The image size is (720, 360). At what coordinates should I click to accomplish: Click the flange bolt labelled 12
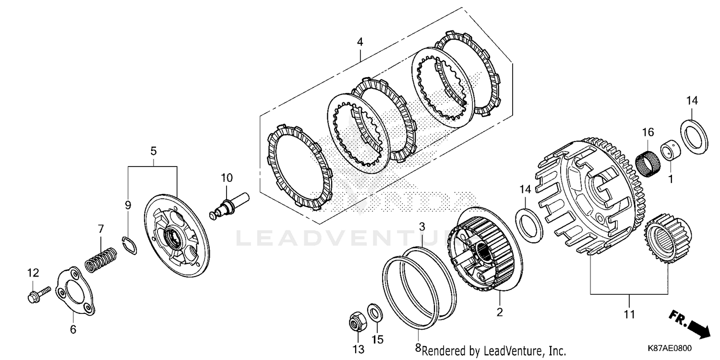click(x=38, y=293)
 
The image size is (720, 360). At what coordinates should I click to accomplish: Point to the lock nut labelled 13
click(x=357, y=321)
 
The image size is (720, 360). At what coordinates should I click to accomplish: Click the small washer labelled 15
click(x=375, y=313)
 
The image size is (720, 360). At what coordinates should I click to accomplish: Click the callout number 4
click(x=360, y=42)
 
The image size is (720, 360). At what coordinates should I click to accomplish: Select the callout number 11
click(x=629, y=315)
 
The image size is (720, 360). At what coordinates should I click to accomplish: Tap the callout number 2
click(x=500, y=312)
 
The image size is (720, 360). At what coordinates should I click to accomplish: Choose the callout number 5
click(x=154, y=151)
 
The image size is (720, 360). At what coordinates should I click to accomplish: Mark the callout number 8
click(x=418, y=347)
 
